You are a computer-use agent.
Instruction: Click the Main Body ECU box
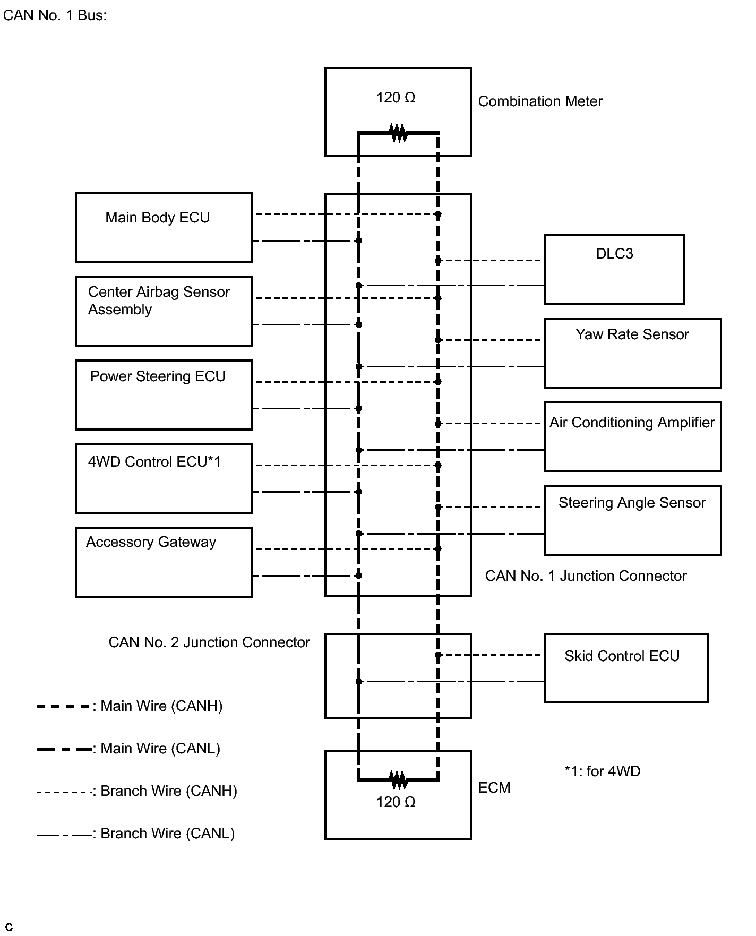point(164,227)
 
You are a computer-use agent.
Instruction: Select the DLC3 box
point(614,270)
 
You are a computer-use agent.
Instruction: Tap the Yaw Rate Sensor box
point(633,353)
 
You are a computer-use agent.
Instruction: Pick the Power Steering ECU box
point(164,395)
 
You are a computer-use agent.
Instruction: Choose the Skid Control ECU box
point(626,668)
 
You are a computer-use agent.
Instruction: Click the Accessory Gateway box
point(164,563)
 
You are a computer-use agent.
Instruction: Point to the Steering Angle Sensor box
point(633,520)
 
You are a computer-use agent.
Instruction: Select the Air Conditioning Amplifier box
point(633,436)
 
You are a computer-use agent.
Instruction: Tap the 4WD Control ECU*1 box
point(164,478)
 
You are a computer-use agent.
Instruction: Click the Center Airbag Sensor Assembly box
point(164,311)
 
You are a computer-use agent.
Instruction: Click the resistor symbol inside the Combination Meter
point(399,133)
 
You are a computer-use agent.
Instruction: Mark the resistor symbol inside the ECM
point(399,780)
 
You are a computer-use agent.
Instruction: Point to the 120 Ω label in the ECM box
point(396,802)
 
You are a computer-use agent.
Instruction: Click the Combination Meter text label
point(540,101)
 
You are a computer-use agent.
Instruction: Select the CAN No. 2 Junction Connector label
point(209,642)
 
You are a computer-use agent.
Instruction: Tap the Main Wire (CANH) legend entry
point(130,706)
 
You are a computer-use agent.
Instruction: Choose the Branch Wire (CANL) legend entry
point(135,834)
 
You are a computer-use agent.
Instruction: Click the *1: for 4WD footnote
point(603,771)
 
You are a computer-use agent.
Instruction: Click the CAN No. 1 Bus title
point(55,15)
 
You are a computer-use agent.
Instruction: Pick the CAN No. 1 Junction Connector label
point(586,576)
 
